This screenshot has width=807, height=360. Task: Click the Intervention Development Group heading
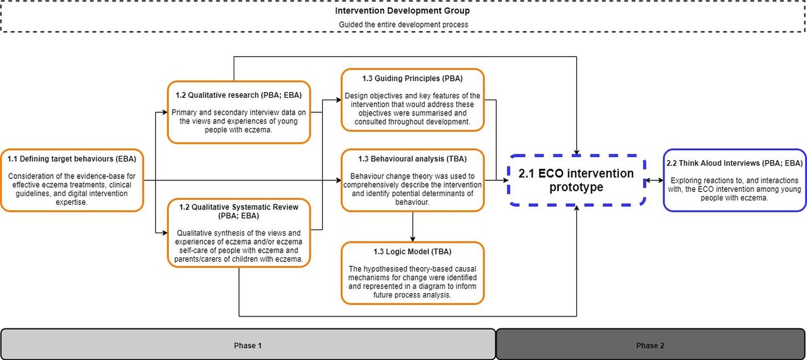point(402,11)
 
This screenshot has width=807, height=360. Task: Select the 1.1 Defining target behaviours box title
point(72,159)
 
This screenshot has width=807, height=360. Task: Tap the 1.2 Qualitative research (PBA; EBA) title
point(239,95)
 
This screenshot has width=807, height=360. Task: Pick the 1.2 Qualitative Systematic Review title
point(239,212)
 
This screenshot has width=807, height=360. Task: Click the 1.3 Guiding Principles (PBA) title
point(412,79)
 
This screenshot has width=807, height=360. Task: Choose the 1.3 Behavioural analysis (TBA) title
point(412,159)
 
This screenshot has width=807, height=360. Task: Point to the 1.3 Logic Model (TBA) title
point(412,252)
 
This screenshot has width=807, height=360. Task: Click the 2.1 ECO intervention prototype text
point(576,180)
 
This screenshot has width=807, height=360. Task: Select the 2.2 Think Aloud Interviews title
point(734,163)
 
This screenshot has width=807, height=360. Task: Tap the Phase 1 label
point(248,345)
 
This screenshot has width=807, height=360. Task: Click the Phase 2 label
point(650,345)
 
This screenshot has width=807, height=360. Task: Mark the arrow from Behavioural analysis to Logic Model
point(412,227)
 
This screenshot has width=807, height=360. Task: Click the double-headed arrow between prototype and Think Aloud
point(654,180)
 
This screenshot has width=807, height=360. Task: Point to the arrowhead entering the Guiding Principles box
point(339,100)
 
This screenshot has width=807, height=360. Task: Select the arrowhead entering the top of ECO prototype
point(576,152)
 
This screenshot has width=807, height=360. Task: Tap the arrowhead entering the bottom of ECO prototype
point(576,208)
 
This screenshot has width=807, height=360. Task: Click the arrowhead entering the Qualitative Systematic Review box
point(165,233)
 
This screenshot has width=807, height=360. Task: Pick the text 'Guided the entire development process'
point(403,25)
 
